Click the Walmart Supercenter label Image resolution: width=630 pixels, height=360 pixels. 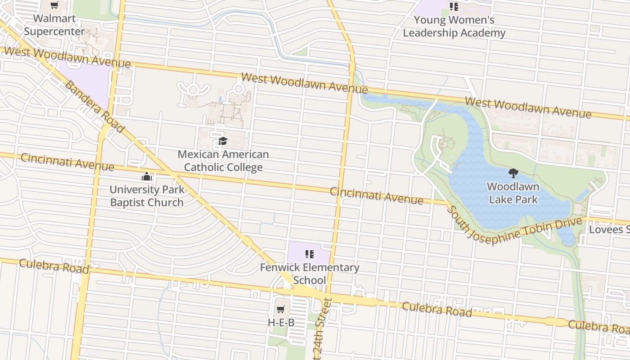click(54, 25)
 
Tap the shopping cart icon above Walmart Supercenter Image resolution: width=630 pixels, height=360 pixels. click(54, 5)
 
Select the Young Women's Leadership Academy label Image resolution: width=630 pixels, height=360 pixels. click(454, 27)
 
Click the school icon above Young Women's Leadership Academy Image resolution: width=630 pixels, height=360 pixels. click(454, 7)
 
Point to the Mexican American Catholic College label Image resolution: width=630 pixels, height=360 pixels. click(223, 161)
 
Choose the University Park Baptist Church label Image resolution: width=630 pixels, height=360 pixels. click(147, 196)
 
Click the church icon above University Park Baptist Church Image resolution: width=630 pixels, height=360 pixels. click(147, 176)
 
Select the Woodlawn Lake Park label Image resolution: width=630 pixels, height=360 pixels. click(513, 193)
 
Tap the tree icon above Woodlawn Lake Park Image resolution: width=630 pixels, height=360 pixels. click(513, 173)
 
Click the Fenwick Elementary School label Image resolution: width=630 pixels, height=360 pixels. click(310, 274)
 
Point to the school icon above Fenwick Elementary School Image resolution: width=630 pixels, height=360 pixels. click(309, 255)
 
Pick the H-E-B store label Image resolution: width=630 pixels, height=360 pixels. click(281, 323)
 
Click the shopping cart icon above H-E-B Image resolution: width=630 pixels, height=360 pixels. click(281, 309)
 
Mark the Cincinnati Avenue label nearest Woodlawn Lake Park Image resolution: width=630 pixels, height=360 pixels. click(376, 196)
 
